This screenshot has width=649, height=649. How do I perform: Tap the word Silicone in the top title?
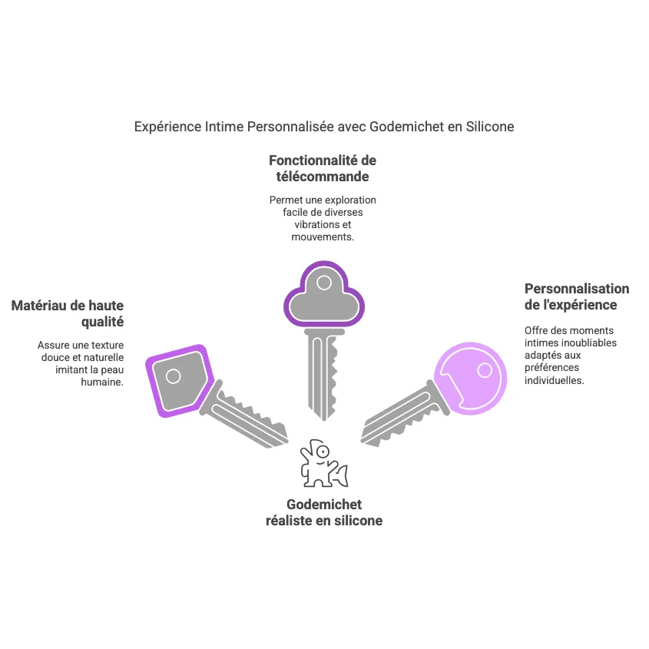pyautogui.click(x=488, y=126)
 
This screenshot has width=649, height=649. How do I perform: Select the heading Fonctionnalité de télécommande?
pyautogui.click(x=323, y=168)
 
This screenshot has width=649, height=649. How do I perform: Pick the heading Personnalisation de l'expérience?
pyautogui.click(x=576, y=296)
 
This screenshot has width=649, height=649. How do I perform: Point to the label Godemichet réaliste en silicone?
pyautogui.click(x=323, y=512)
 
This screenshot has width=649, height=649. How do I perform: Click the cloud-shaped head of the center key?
pyautogui.click(x=323, y=296)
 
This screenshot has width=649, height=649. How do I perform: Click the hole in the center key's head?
pyautogui.click(x=324, y=283)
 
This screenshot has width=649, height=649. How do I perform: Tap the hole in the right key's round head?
pyautogui.click(x=485, y=370)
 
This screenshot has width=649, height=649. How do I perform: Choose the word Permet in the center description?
pyautogui.click(x=284, y=200)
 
